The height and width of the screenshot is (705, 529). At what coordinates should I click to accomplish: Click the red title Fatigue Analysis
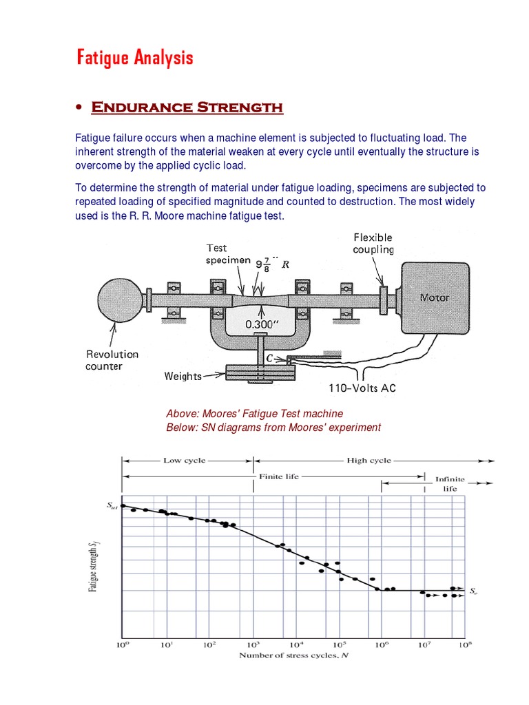pyautogui.click(x=134, y=58)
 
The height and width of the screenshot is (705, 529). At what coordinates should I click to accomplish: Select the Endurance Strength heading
pyautogui.click(x=187, y=107)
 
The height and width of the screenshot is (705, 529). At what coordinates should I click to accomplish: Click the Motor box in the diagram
pyautogui.click(x=434, y=297)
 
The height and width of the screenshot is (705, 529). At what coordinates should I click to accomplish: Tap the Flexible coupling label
pyautogui.click(x=373, y=244)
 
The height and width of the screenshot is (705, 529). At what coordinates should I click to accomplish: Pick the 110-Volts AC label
pyautogui.click(x=361, y=388)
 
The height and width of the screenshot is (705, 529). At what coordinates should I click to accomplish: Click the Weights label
pyautogui.click(x=183, y=376)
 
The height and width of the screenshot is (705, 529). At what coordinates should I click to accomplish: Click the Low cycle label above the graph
pyautogui.click(x=184, y=461)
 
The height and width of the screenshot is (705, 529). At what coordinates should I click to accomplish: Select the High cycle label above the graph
pyautogui.click(x=369, y=461)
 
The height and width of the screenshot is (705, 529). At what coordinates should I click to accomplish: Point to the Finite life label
pyautogui.click(x=279, y=476)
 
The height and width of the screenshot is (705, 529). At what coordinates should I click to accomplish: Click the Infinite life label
pyautogui.click(x=450, y=483)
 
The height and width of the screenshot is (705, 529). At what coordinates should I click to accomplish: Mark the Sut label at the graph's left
pyautogui.click(x=112, y=506)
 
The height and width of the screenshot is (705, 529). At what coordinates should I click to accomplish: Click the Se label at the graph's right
pyautogui.click(x=475, y=591)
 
